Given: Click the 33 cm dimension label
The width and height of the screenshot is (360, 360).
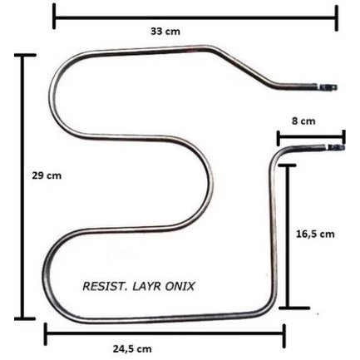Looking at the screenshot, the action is (165, 32).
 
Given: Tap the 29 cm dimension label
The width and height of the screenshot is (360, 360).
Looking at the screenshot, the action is (47, 175).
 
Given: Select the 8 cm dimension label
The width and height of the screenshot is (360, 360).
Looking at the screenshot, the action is (303, 121).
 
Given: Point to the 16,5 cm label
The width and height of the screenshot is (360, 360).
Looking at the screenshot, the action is (315, 234).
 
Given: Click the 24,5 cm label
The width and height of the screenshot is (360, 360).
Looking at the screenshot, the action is (132, 348).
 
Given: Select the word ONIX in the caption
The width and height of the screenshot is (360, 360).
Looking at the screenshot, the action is (180, 286).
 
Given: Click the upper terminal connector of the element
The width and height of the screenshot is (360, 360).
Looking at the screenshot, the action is (328, 87).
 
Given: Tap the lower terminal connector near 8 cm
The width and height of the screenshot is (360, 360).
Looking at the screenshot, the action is (337, 147).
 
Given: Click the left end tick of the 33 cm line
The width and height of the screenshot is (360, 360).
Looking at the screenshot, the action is (54, 17).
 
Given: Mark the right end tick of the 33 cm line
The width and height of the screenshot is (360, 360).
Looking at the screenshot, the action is (337, 17).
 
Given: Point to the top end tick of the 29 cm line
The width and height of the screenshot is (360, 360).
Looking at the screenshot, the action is (25, 55).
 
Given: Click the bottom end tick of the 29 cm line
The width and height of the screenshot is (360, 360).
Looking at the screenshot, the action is (25, 318).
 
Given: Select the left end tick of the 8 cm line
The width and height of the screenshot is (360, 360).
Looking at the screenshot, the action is (279, 138).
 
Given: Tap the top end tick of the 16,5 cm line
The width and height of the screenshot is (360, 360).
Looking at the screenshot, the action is (288, 165).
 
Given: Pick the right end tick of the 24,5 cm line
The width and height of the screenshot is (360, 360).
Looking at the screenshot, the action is (284, 336).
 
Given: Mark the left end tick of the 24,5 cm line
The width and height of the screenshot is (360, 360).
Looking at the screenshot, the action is (46, 333).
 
